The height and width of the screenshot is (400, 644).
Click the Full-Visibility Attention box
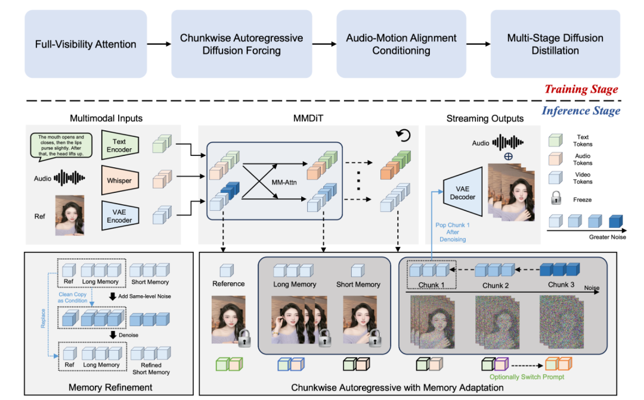[85, 44]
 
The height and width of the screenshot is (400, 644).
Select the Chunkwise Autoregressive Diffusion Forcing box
[241, 44]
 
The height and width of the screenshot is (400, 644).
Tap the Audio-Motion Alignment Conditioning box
[401, 44]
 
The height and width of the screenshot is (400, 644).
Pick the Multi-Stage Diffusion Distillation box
[555, 44]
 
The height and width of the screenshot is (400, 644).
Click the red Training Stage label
[581, 89]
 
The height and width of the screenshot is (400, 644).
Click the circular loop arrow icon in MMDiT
[404, 136]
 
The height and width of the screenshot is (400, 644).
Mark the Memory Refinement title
[110, 387]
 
